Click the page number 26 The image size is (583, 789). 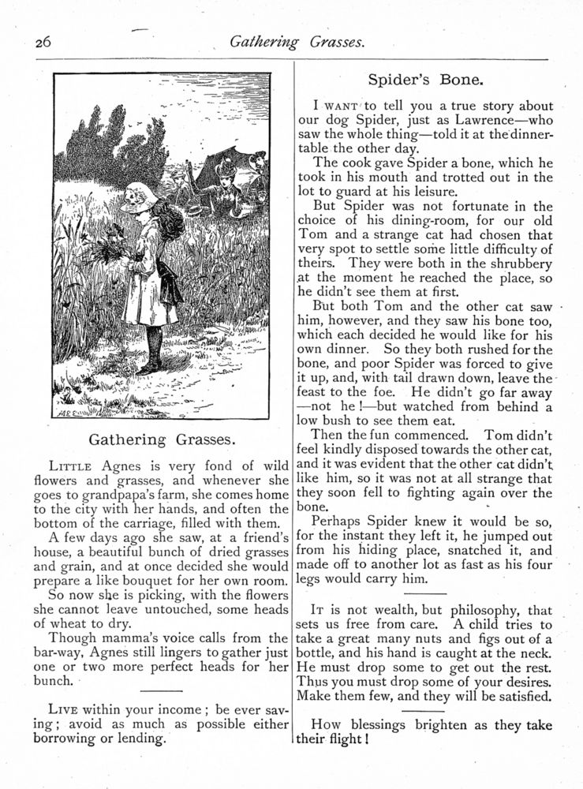point(42,44)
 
